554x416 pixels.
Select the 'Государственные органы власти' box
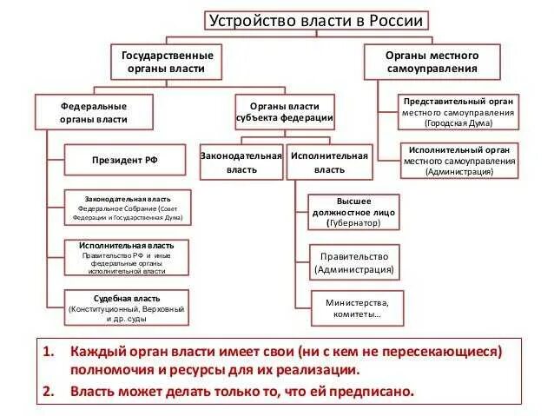coord(166,61)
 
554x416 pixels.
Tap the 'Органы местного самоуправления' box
coord(432,61)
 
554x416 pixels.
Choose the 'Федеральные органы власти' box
coord(94,112)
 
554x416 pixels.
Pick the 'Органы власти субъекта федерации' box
coord(285,113)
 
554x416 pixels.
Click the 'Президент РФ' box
coord(125,161)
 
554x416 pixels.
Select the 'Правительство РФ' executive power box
coord(126,258)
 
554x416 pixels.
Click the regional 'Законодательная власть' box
coord(241,162)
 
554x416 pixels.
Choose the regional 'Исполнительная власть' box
coord(330,162)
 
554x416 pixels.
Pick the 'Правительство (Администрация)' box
coord(354,262)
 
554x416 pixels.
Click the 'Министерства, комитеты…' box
coord(353,308)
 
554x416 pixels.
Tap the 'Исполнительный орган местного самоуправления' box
coord(458,160)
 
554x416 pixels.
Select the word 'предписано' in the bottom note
coord(376,390)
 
